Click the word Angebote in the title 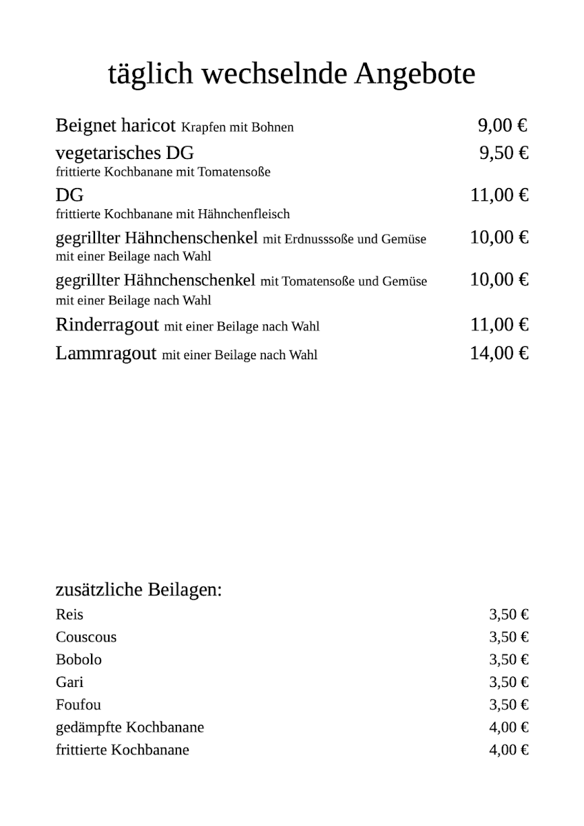(x=415, y=74)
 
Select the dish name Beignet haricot (x=116, y=126)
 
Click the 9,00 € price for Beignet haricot (x=503, y=125)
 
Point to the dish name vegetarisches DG (x=125, y=153)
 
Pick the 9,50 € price (x=504, y=153)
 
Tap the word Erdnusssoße (x=318, y=240)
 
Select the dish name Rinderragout (x=107, y=324)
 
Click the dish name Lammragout (x=106, y=354)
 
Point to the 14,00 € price (x=499, y=354)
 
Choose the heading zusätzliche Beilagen (x=138, y=590)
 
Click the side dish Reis (x=70, y=615)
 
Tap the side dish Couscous (x=86, y=637)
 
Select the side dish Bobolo (x=79, y=659)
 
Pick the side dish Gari (x=70, y=682)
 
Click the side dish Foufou (x=78, y=705)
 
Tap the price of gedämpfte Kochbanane (x=509, y=727)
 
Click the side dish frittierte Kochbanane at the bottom (x=123, y=750)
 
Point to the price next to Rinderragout (x=499, y=324)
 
